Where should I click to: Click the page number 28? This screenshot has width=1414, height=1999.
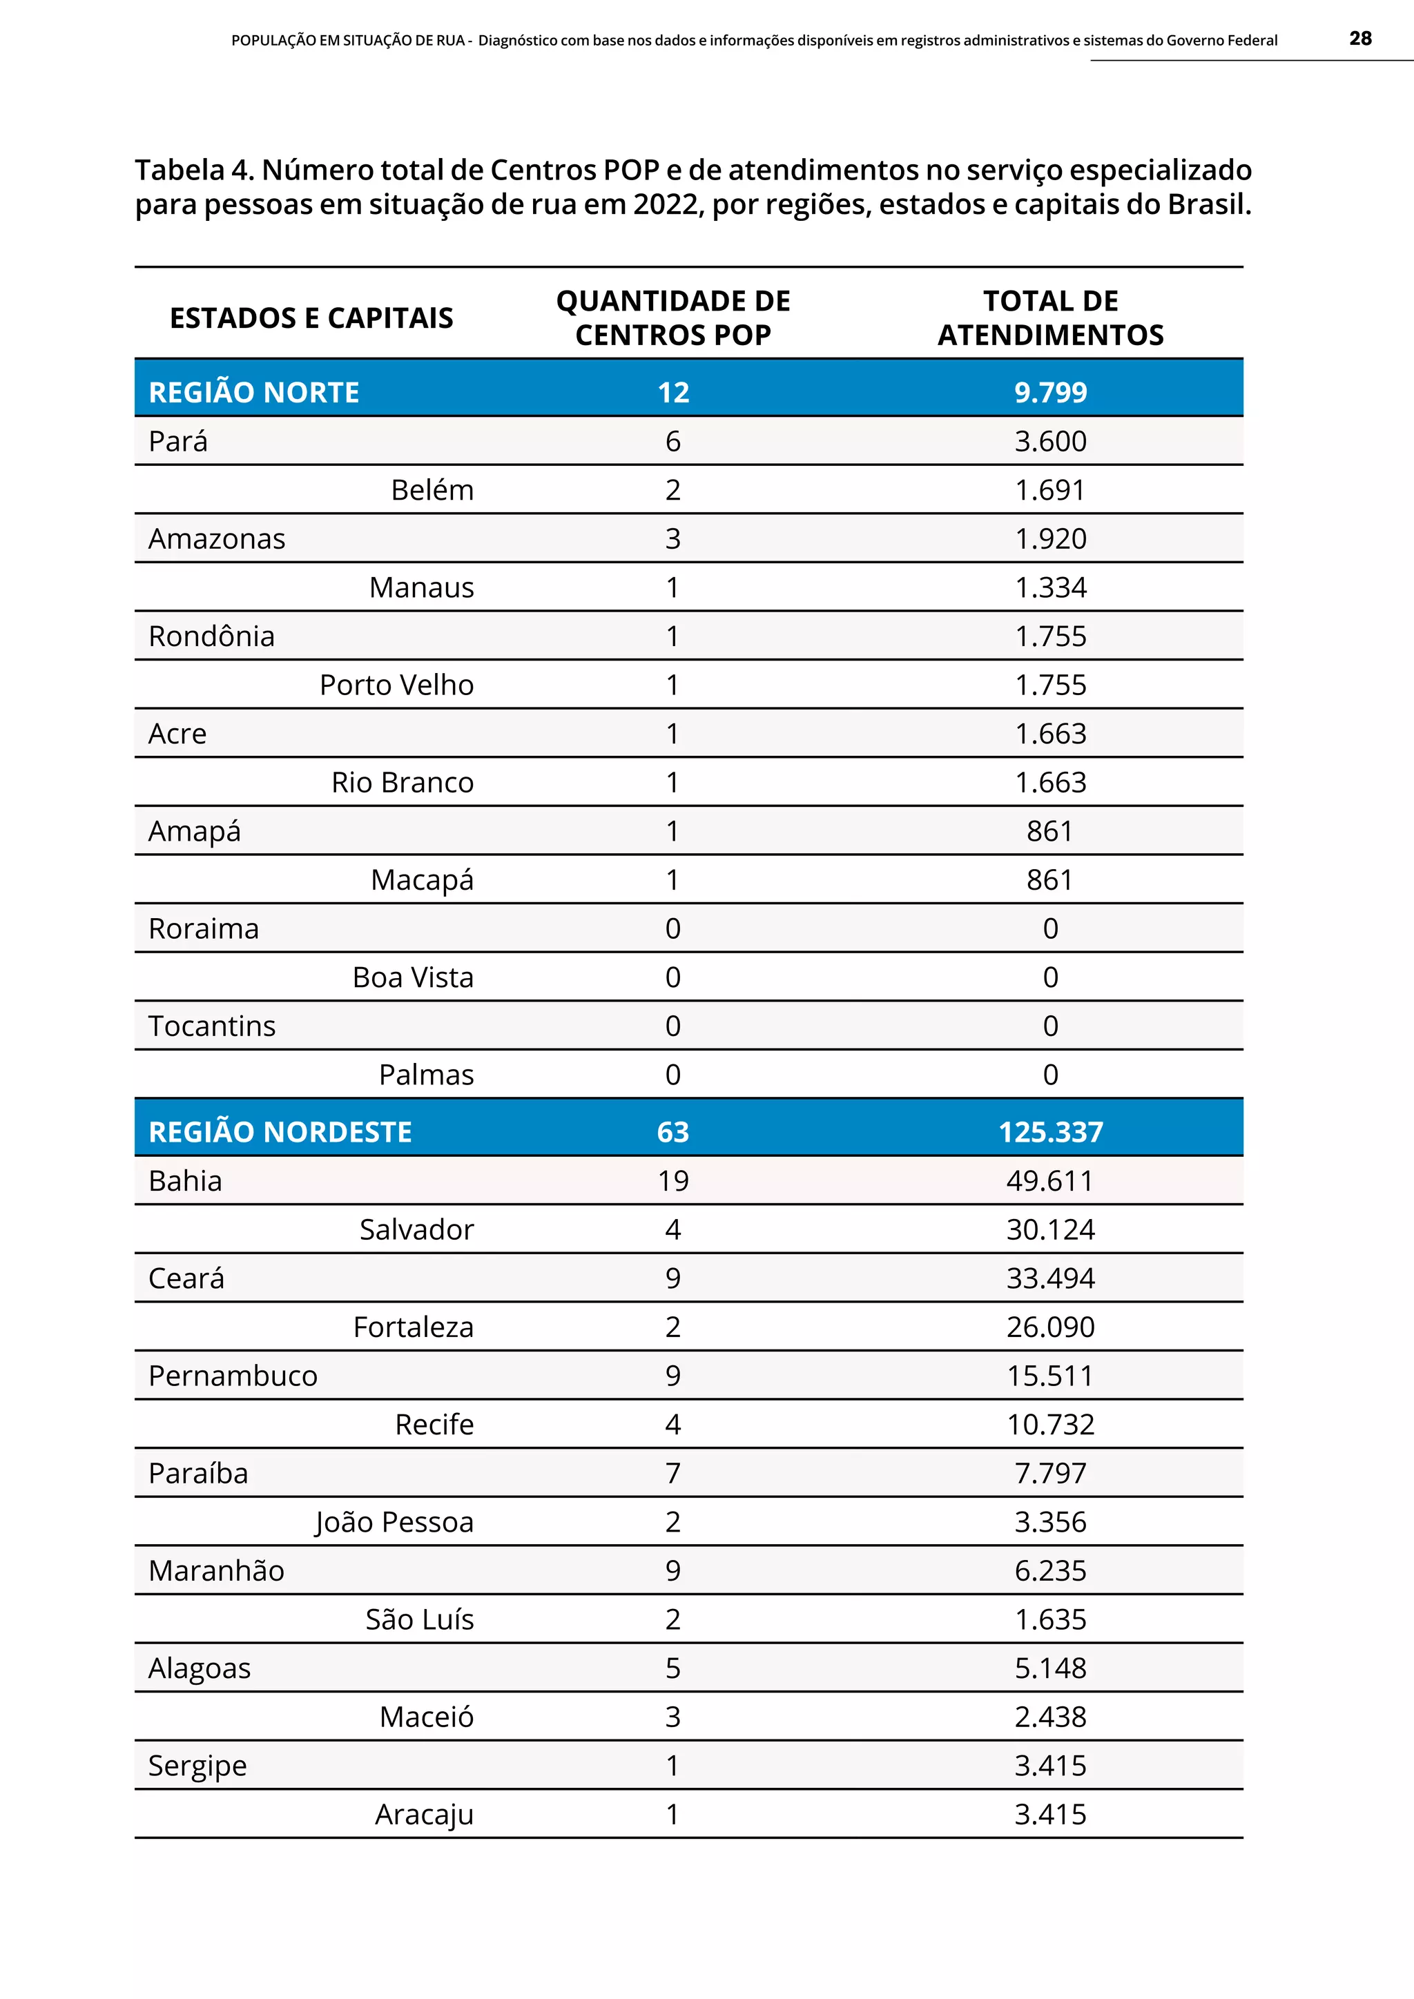tap(1360, 38)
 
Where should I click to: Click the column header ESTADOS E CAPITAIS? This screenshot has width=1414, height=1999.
tap(311, 318)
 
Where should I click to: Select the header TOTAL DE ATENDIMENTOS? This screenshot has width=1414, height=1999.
tap(1050, 318)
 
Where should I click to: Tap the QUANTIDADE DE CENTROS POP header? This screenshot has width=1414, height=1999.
tap(673, 318)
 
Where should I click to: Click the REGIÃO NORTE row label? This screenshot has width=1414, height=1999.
tap(253, 393)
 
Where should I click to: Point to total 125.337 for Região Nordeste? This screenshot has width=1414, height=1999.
tap(1050, 1132)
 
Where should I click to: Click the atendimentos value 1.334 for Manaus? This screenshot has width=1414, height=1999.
tap(1050, 587)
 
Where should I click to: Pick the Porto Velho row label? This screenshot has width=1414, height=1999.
tap(396, 685)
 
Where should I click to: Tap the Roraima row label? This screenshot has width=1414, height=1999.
tap(204, 929)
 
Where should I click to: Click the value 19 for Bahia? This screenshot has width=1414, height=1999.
tap(673, 1180)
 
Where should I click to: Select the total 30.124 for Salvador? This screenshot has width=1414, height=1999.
tap(1050, 1229)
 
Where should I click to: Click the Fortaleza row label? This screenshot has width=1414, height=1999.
tap(413, 1327)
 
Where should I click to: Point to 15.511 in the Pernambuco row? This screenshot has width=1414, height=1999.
tap(1050, 1376)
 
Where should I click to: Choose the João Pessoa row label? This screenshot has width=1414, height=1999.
tap(394, 1522)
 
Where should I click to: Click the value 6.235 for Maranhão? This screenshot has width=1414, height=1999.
tap(1050, 1570)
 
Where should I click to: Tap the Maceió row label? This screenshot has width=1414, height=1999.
tap(426, 1717)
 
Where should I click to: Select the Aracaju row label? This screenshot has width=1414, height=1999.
tap(424, 1815)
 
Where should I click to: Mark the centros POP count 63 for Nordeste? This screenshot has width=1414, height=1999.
tap(673, 1132)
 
